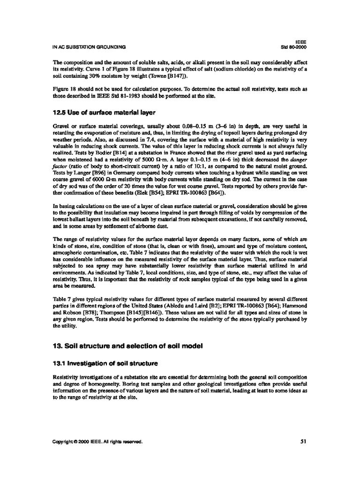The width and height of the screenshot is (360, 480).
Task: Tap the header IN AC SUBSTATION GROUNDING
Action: (89, 47)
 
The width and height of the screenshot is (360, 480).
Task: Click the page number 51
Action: (302, 441)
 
